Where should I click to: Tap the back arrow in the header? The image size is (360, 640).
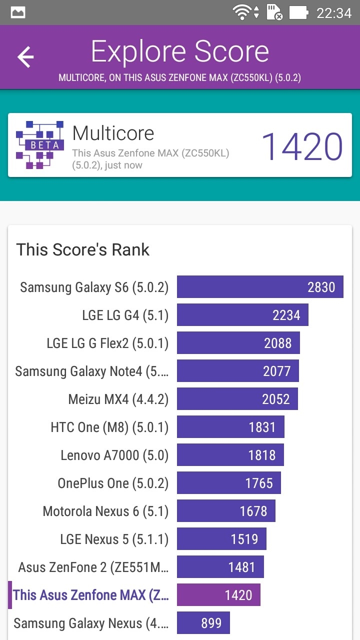pyautogui.click(x=25, y=57)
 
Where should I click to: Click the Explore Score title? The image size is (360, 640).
pyautogui.click(x=180, y=52)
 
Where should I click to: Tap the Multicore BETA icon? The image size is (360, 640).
pyautogui.click(x=40, y=145)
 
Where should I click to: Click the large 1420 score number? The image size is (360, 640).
pyautogui.click(x=302, y=146)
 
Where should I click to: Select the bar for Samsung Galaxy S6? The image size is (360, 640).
pyautogui.click(x=260, y=287)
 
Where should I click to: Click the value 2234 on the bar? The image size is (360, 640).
pyautogui.click(x=286, y=315)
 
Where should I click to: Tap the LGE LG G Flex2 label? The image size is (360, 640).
pyautogui.click(x=107, y=343)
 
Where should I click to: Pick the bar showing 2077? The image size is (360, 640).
pyautogui.click(x=238, y=371)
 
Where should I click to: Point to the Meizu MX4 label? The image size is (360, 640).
pyautogui.click(x=118, y=399)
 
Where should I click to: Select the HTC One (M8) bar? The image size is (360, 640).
pyautogui.click(x=230, y=427)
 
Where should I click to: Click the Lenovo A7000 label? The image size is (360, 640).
pyautogui.click(x=114, y=455)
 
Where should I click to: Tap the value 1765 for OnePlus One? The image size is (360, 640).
pyautogui.click(x=259, y=483)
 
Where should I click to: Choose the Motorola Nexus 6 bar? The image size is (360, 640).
pyautogui.click(x=226, y=511)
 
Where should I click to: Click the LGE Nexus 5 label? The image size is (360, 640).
pyautogui.click(x=114, y=539)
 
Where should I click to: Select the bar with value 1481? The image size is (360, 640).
pyautogui.click(x=220, y=567)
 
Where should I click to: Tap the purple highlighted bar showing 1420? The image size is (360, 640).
pyautogui.click(x=218, y=595)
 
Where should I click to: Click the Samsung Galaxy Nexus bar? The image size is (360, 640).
pyautogui.click(x=203, y=623)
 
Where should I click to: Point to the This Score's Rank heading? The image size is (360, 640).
pyautogui.click(x=83, y=249)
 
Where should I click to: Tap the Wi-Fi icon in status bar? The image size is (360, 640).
pyautogui.click(x=242, y=12)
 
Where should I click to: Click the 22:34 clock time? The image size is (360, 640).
pyautogui.click(x=334, y=12)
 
